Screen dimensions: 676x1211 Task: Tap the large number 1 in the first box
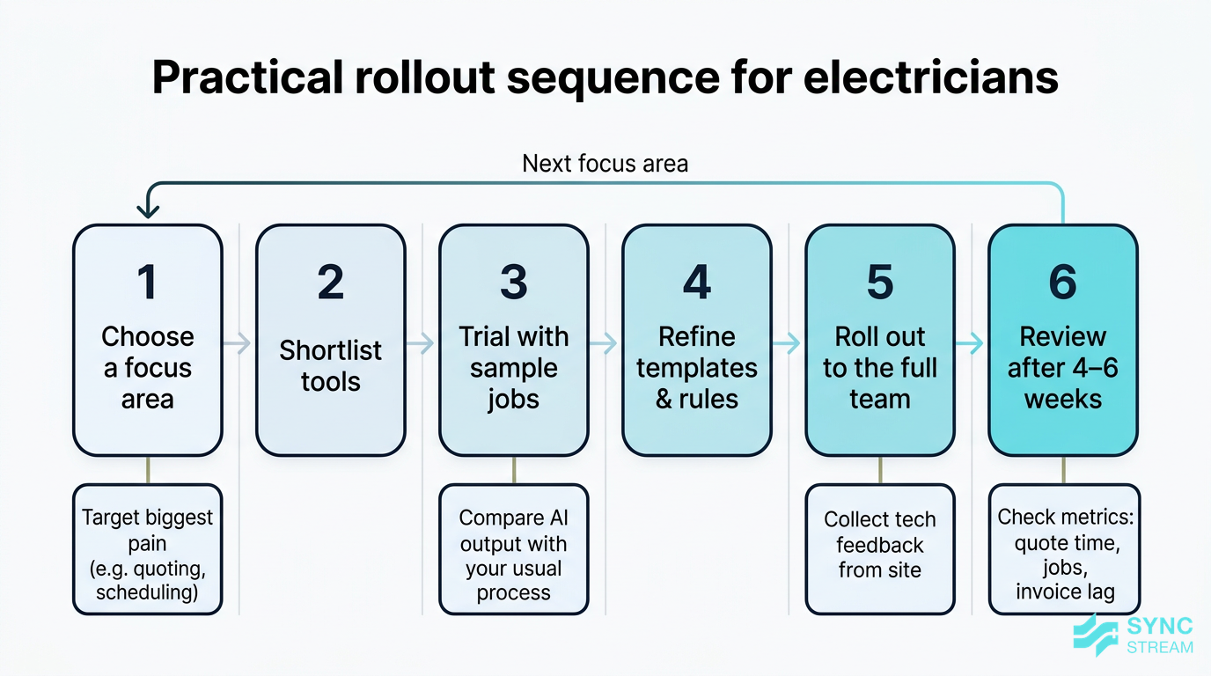point(147,282)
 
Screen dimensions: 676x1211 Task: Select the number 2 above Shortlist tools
point(330,282)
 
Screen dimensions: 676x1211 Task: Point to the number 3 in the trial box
point(513,282)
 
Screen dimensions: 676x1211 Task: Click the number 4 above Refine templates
point(696,282)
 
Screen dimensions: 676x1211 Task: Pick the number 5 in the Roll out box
point(879,282)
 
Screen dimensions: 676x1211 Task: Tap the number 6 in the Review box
point(1062,282)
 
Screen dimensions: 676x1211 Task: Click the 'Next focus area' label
point(605,164)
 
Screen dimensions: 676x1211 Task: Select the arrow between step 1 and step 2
point(239,343)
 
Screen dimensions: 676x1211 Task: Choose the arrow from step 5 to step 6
point(971,343)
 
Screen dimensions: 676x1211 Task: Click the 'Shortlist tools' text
point(330,366)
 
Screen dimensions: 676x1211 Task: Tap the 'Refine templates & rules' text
point(696,368)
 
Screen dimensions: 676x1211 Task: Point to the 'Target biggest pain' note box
point(147,548)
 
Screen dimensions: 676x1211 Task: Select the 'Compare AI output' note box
point(513,548)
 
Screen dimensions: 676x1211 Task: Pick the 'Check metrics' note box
point(1063,548)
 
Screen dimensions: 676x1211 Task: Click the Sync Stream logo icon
point(1096,634)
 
